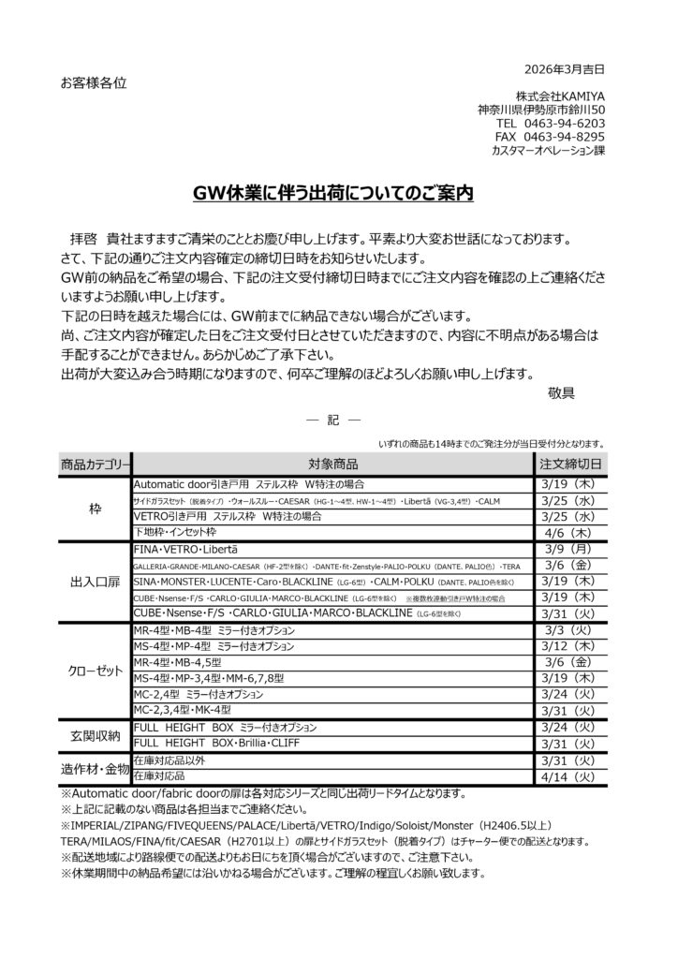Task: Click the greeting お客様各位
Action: pos(93,82)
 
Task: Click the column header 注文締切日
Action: pos(570,464)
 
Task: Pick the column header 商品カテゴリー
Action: pos(95,464)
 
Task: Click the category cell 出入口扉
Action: pos(95,582)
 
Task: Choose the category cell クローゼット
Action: pos(95,673)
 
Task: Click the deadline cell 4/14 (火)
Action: pos(570,776)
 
